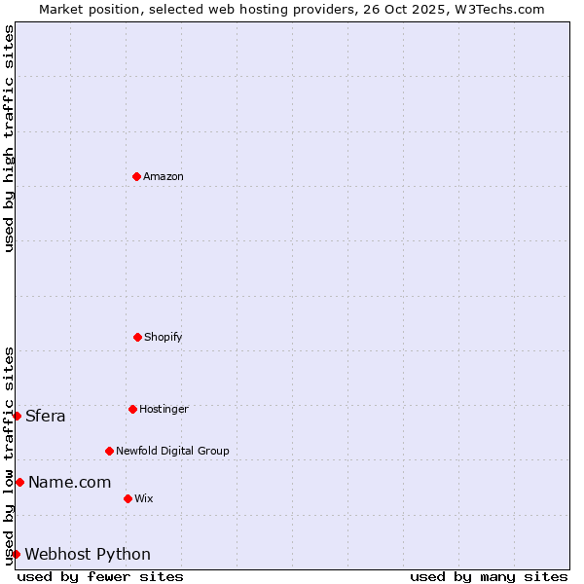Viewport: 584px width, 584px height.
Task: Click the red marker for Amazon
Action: [136, 176]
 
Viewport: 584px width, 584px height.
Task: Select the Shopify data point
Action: [137, 337]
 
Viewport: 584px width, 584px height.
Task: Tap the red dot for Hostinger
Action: [132, 409]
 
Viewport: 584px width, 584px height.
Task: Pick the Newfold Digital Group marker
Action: [109, 451]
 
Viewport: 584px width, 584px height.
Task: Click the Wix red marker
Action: [128, 498]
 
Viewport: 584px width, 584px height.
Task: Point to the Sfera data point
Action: [17, 416]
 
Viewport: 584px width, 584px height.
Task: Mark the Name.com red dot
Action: [19, 482]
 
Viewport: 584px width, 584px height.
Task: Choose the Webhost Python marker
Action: [17, 554]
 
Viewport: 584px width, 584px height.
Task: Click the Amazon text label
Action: [164, 177]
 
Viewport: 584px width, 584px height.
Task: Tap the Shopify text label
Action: [164, 338]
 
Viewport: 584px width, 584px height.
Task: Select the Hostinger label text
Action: [164, 410]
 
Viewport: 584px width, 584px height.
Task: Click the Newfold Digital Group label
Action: [172, 452]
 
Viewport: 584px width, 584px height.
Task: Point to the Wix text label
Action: [144, 499]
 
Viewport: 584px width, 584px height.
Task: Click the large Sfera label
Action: [46, 417]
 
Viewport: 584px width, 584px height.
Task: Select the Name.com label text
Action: [69, 483]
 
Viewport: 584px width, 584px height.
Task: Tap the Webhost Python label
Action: [88, 555]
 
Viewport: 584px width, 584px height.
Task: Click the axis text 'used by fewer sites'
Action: [100, 576]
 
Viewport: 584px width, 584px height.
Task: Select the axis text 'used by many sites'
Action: [489, 576]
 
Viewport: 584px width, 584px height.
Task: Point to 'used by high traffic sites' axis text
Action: [9, 138]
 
